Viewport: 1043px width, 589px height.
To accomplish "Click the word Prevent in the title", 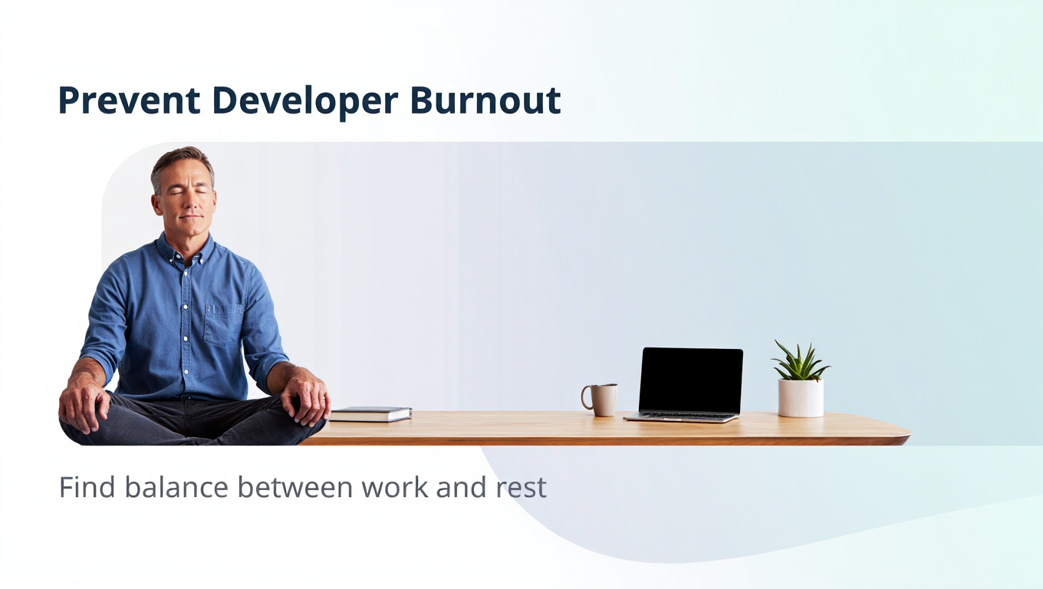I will [x=129, y=100].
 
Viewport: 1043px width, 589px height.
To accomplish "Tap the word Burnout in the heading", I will [x=485, y=100].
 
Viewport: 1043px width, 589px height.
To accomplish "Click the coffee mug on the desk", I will [x=604, y=400].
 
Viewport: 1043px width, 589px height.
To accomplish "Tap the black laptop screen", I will [x=690, y=380].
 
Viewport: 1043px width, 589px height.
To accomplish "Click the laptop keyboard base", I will [x=681, y=417].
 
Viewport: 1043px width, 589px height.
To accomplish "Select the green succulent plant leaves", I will [x=800, y=361].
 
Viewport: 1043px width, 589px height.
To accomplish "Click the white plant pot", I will [x=801, y=398].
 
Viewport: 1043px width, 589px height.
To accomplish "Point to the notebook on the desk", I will [x=371, y=414].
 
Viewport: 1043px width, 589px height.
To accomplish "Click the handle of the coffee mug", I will [x=585, y=397].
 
